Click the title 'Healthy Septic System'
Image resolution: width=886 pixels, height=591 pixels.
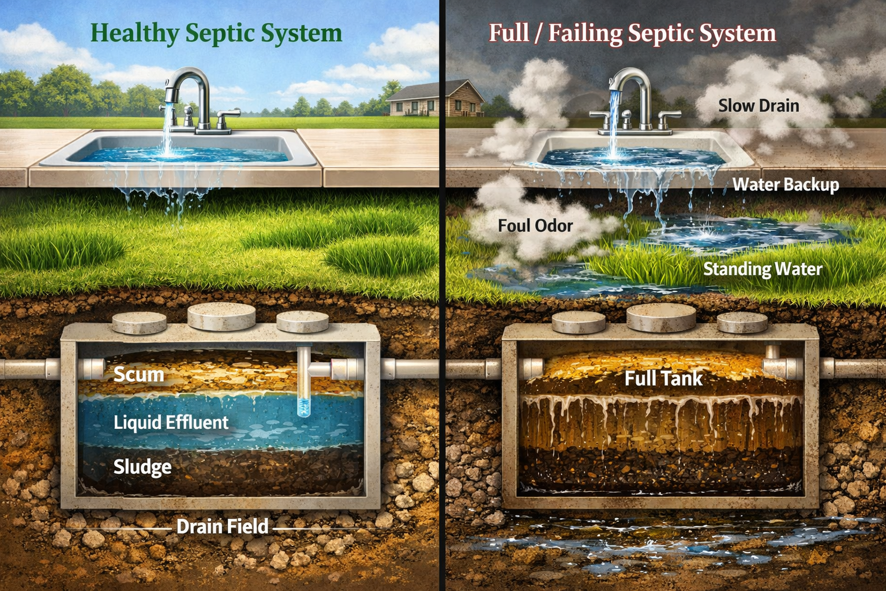(x=216, y=33)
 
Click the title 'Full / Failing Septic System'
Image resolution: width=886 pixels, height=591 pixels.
(x=632, y=33)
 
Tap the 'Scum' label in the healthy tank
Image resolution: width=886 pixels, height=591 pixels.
(x=138, y=375)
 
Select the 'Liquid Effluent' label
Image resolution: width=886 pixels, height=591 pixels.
(x=171, y=422)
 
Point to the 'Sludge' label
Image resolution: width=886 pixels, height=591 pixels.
(x=142, y=467)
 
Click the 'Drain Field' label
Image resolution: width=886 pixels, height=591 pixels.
(x=222, y=526)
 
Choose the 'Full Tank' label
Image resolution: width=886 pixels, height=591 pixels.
(x=663, y=379)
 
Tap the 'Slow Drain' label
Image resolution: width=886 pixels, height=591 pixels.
(x=759, y=106)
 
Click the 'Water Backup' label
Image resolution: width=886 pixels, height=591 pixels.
(x=786, y=185)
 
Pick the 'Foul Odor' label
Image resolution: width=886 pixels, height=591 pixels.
(x=535, y=225)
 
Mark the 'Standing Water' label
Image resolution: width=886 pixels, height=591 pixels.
(x=763, y=269)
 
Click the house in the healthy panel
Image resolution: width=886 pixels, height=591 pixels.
(x=434, y=99)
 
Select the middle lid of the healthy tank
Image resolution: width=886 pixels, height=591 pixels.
(x=222, y=316)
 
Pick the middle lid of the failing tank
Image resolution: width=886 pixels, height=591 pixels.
(x=661, y=316)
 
